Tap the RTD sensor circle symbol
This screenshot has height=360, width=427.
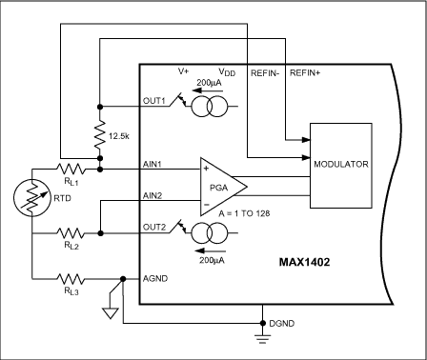32,198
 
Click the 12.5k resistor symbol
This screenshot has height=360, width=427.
100,134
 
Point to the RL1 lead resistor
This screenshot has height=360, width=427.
71,170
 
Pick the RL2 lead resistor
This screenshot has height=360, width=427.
71,233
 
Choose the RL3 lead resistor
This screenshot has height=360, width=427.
71,279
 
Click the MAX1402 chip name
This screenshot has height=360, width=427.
304,262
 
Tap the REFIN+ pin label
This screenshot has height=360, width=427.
305,73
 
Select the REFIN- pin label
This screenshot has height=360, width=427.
265,73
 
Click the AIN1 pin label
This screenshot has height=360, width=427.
152,164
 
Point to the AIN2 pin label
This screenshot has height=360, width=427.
152,195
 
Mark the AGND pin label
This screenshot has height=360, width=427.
155,278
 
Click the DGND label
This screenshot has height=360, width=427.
282,324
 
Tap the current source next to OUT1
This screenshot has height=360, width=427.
210,107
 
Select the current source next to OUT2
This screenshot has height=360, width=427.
210,233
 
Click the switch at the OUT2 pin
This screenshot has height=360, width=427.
179,227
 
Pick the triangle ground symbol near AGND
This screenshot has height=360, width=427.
110,313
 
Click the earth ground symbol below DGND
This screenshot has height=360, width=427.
262,339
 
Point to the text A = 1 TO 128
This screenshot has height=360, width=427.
244,213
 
